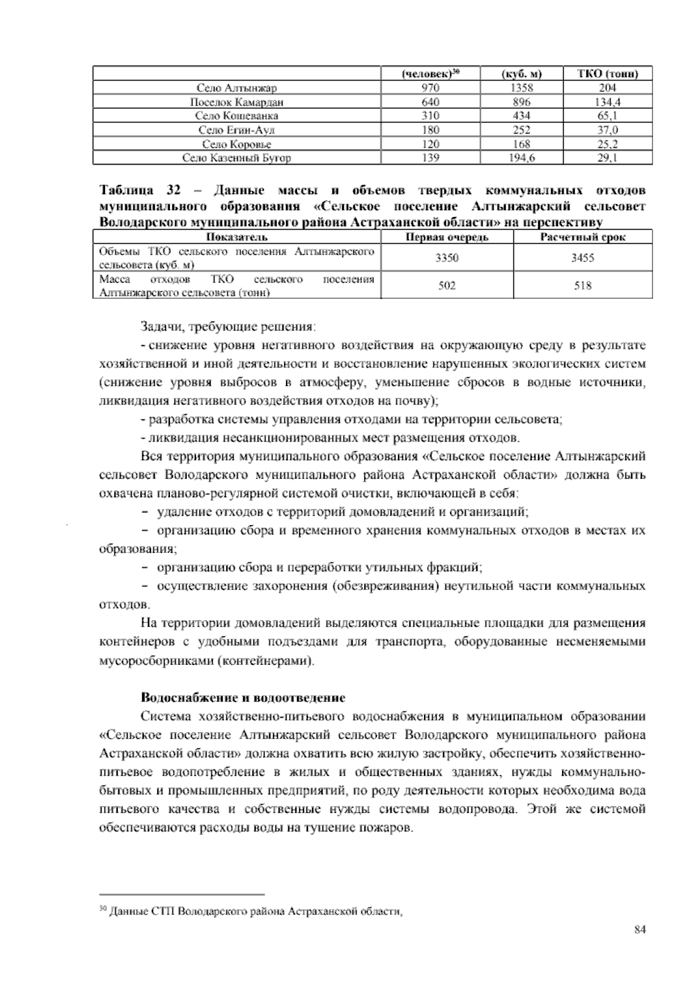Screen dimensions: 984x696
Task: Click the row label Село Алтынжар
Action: pyautogui.click(x=237, y=88)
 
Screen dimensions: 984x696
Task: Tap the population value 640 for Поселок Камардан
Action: pyautogui.click(x=430, y=102)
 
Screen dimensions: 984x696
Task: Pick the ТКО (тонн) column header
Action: pyautogui.click(x=607, y=74)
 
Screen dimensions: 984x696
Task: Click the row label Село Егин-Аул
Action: pyautogui.click(x=237, y=130)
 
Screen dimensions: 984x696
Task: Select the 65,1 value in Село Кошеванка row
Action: pyautogui.click(x=607, y=116)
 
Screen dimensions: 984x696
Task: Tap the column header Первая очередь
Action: pyautogui.click(x=447, y=237)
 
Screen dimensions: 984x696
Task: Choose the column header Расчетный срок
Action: pyautogui.click(x=583, y=237)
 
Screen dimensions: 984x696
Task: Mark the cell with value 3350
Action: pyautogui.click(x=447, y=258)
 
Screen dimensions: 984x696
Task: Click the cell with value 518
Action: pyautogui.click(x=583, y=285)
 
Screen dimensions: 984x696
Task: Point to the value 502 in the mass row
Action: pyautogui.click(x=447, y=285)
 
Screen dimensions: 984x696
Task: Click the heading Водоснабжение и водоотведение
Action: pyautogui.click(x=243, y=697)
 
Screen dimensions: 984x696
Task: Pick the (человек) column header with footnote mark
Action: pyautogui.click(x=430, y=74)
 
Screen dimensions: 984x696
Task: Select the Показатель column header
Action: pyautogui.click(x=237, y=237)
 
